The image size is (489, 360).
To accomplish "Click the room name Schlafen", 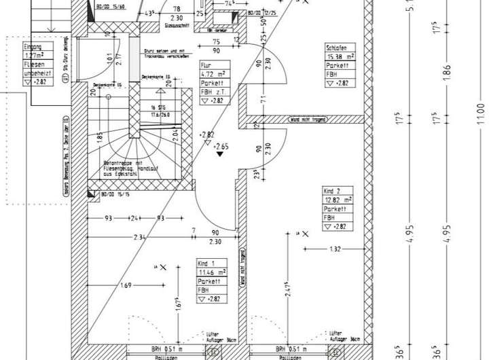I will coord(338,48).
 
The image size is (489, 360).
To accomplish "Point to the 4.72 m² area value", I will coord(212,75).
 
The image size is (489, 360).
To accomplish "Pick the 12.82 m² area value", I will coord(338,201).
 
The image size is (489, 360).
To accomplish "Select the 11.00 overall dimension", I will coord(479,108).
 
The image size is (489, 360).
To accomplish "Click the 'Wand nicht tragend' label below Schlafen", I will coord(308,120).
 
